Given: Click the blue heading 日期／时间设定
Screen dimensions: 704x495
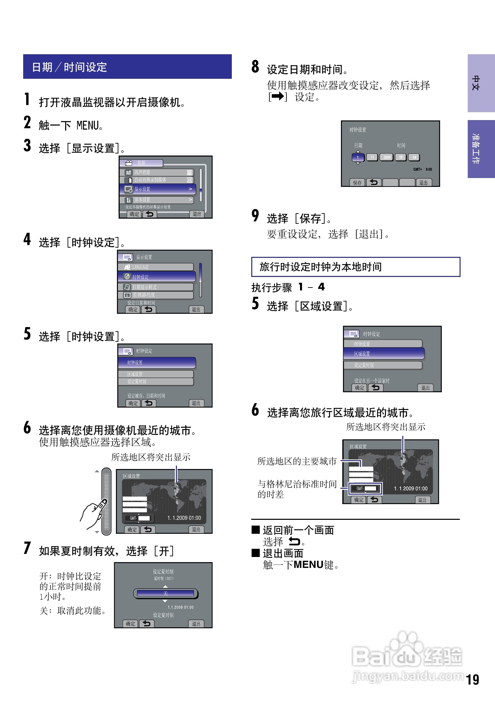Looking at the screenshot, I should click(x=70, y=67).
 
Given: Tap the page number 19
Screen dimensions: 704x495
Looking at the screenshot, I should click(x=472, y=679).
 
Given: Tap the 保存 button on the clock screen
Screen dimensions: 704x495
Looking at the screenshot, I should click(x=357, y=183).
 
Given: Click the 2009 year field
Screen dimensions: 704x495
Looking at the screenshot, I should click(x=387, y=157).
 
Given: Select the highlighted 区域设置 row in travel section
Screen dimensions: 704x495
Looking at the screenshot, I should click(x=384, y=354).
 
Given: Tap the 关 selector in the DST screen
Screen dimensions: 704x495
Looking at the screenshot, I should click(x=165, y=593).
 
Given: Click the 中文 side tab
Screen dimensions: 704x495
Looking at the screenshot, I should click(x=481, y=83).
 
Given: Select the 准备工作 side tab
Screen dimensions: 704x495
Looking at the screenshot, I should click(x=481, y=149).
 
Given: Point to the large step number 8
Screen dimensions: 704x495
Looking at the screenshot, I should click(x=255, y=67).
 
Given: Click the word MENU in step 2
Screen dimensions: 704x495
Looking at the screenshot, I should click(x=88, y=126).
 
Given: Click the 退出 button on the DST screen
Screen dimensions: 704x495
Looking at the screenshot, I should click(x=196, y=624).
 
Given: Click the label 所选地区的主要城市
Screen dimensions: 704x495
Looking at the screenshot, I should click(x=297, y=461).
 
